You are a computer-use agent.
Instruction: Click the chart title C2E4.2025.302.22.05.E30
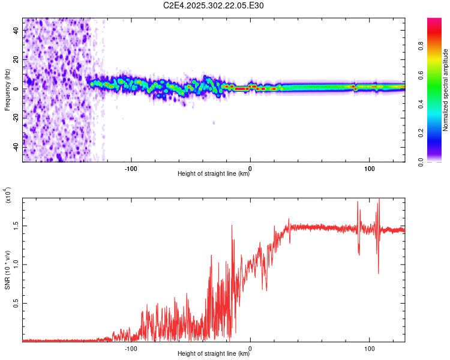[x=214, y=5]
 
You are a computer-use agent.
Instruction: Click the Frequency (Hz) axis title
[x=7, y=90]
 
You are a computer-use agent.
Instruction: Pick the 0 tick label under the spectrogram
[x=250, y=168]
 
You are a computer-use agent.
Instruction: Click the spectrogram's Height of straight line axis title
[x=214, y=175]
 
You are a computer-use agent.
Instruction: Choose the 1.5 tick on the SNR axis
[x=16, y=226]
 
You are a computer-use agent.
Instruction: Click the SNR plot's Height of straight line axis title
[x=214, y=355]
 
